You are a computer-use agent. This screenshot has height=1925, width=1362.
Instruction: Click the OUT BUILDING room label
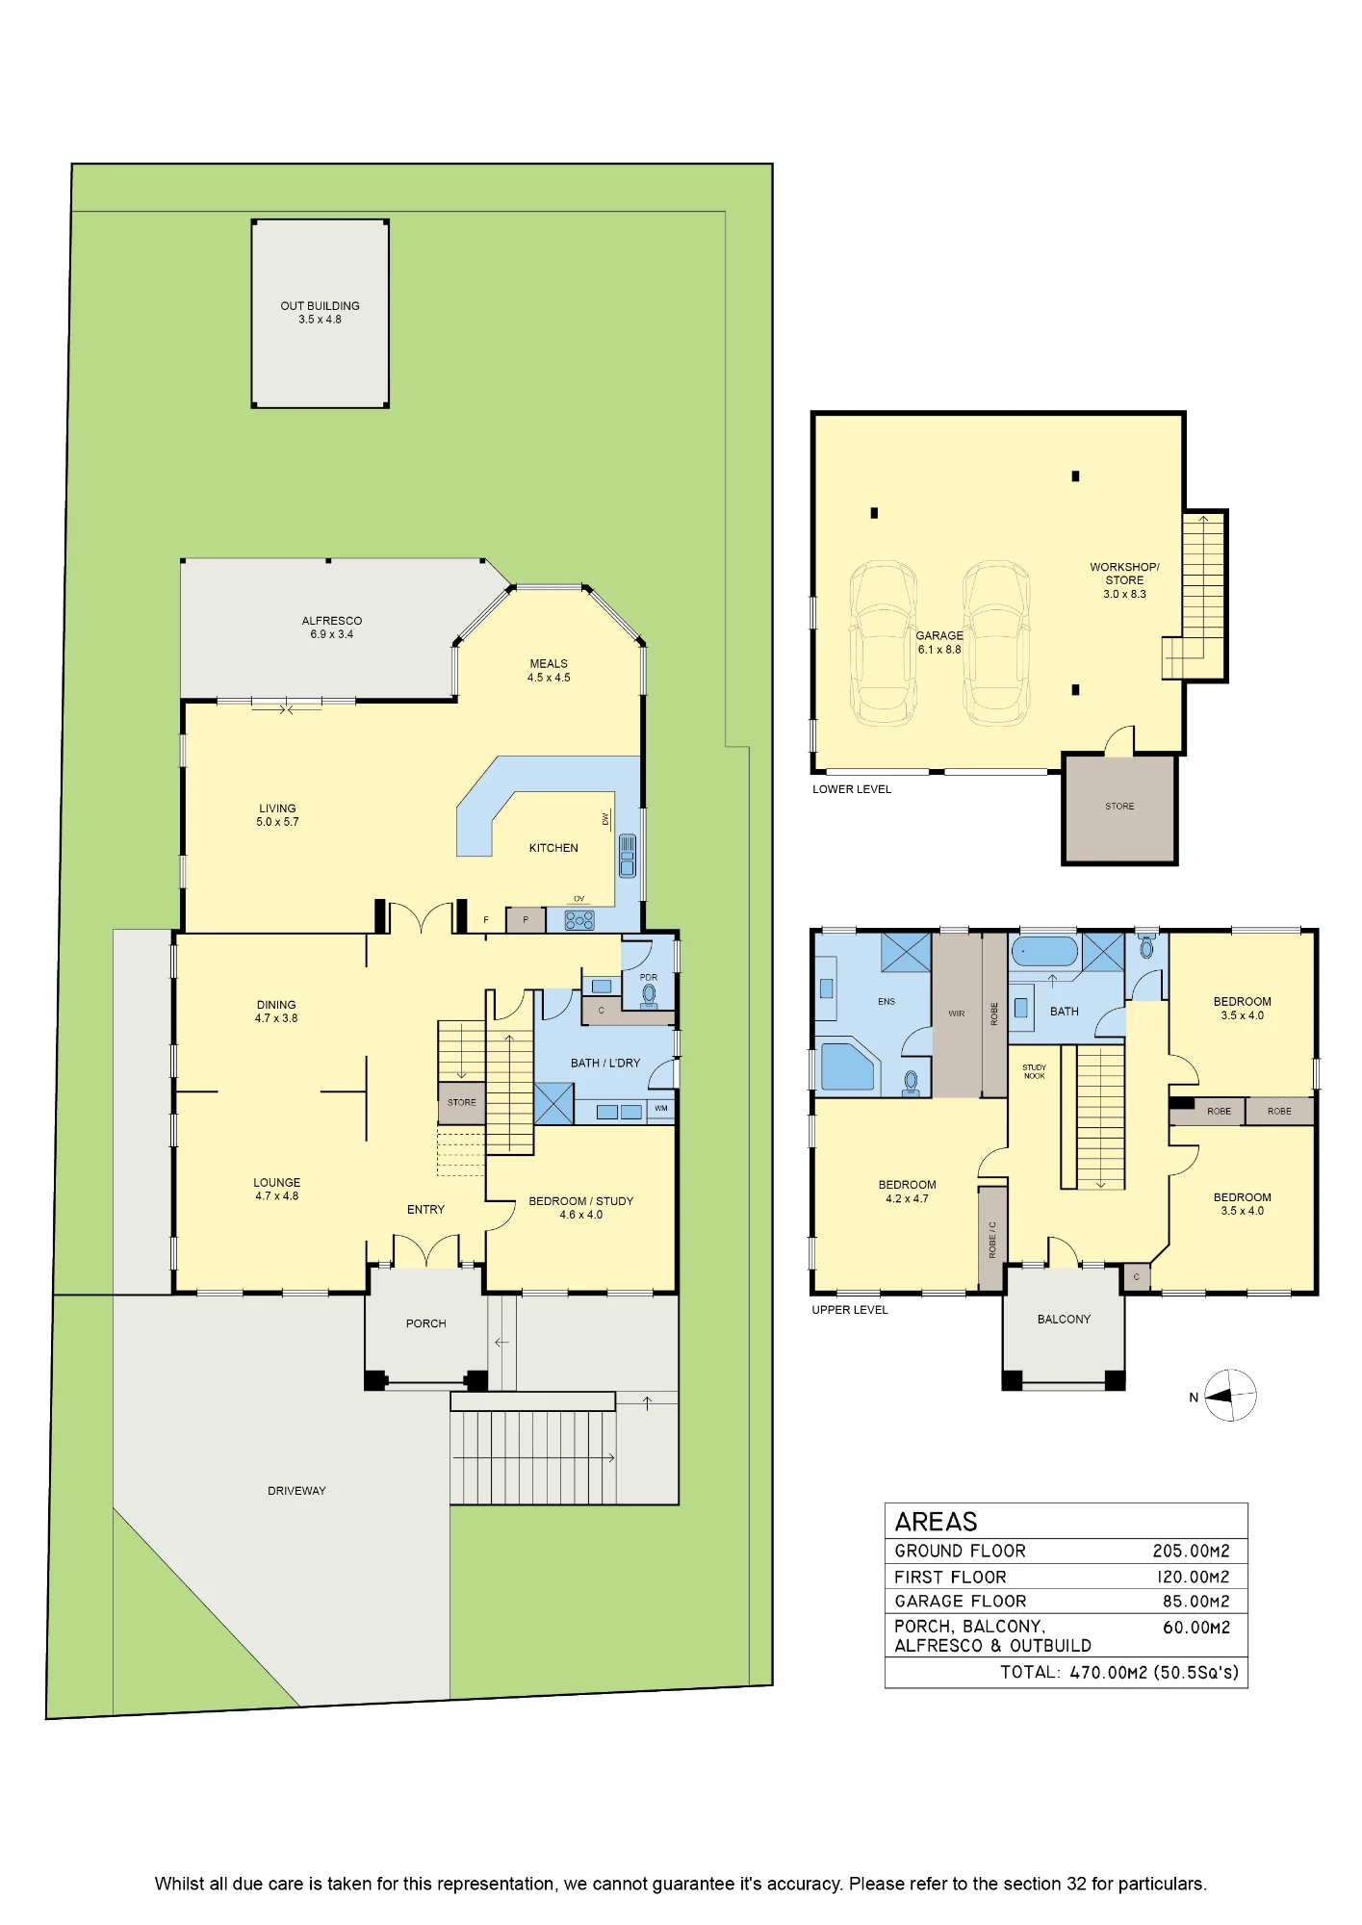pos(320,306)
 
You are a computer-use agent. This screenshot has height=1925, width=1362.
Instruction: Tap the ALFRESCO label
pos(332,621)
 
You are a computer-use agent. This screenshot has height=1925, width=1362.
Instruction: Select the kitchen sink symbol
pos(628,856)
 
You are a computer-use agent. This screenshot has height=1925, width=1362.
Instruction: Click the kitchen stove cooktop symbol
pos(579,920)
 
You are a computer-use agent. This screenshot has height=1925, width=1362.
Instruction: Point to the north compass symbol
pos(1231,1396)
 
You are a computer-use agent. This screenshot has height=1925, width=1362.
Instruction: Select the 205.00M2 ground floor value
pos(1192,1551)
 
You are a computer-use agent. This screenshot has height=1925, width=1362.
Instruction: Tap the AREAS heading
pos(936,1522)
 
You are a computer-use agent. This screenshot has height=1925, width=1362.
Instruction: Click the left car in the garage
pos(883,644)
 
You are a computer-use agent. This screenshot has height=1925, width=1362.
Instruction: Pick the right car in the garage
pos(997,644)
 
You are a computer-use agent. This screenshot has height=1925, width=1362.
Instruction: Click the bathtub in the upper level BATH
pos(1044,951)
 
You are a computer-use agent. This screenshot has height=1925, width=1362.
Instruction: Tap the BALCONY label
pos(1064,1320)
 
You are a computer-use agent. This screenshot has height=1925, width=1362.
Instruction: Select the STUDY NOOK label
pos(1035,1071)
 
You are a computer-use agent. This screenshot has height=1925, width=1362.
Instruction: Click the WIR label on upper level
pos(957,1014)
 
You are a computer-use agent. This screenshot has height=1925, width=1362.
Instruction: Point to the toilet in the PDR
pos(649,995)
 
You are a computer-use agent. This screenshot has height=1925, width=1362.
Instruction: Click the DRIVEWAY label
pos(296,1491)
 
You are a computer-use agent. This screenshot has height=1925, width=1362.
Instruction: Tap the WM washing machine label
pos(661,1108)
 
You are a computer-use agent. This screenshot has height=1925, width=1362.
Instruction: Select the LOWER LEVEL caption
pos(852,789)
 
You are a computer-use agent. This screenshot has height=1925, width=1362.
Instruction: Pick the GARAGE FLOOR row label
pos(961,1602)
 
